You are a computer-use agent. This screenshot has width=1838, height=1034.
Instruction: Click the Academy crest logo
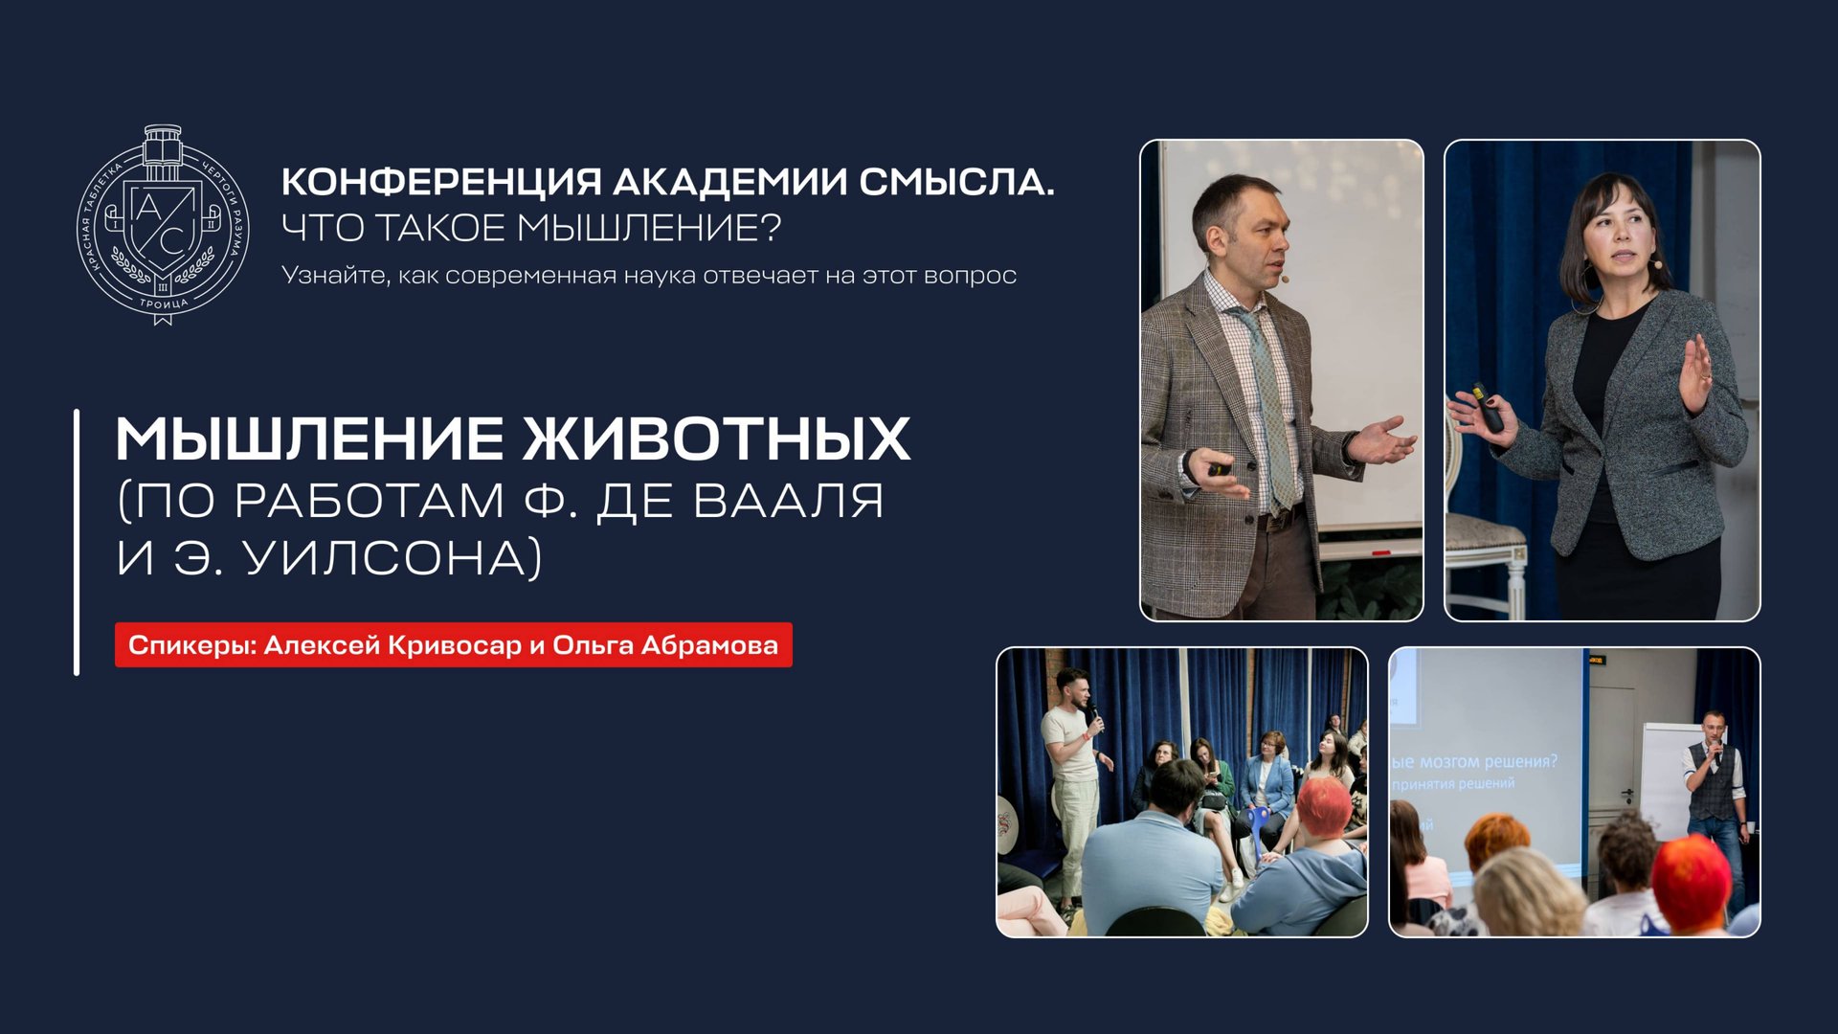163,225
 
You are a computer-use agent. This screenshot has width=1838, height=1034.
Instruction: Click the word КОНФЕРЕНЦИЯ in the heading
441,182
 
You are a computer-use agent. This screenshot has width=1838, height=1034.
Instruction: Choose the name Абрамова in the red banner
709,645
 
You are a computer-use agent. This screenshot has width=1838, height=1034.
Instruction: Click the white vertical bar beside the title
77,542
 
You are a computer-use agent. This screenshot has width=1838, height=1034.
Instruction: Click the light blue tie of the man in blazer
1268,402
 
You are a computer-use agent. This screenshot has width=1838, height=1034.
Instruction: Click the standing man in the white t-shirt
1074,775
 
